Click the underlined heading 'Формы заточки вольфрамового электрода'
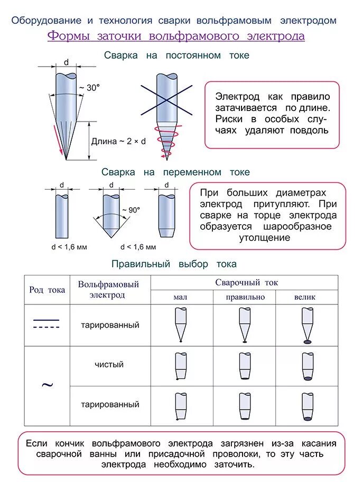[176, 36]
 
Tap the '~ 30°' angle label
[89, 88]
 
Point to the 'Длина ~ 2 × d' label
[118, 142]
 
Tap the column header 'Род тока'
[47, 290]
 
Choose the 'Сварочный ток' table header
[246, 283]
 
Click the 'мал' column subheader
[180, 297]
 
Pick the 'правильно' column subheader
[245, 297]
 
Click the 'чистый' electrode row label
[109, 365]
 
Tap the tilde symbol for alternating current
[47, 384]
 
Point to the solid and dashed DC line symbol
[46, 324]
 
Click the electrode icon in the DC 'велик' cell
[306, 325]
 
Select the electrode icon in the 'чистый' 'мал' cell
[180, 365]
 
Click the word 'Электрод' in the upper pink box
[237, 97]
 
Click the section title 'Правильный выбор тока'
[174, 264]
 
